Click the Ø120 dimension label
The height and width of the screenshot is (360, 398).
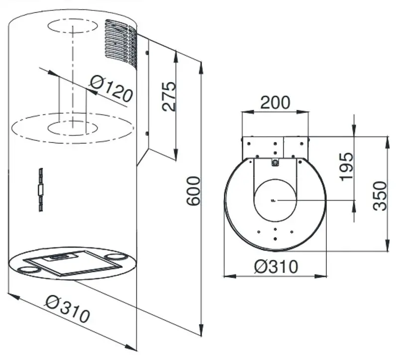(111, 89)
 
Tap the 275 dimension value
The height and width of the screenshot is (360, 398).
(169, 96)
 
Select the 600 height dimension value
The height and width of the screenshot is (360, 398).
(194, 191)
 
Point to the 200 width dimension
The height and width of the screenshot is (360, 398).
(275, 102)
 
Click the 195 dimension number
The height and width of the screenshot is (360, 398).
(347, 167)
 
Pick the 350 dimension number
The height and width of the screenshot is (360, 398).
(380, 196)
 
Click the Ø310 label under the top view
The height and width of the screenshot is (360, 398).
(276, 266)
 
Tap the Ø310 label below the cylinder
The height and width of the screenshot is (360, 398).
(68, 308)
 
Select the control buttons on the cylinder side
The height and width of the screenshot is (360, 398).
(41, 190)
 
